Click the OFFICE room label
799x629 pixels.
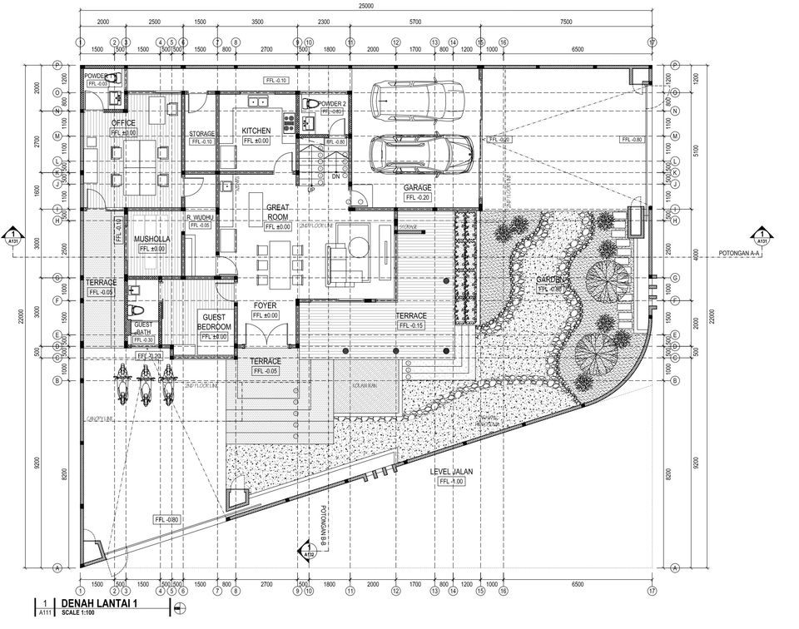[123, 123]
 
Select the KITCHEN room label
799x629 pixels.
[256, 131]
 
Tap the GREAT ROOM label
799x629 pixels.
[277, 211]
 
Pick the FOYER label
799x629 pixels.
[265, 305]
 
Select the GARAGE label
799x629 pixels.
[417, 188]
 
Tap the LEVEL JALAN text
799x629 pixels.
[451, 472]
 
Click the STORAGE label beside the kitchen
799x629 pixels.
[201, 134]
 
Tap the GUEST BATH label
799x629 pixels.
[143, 329]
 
